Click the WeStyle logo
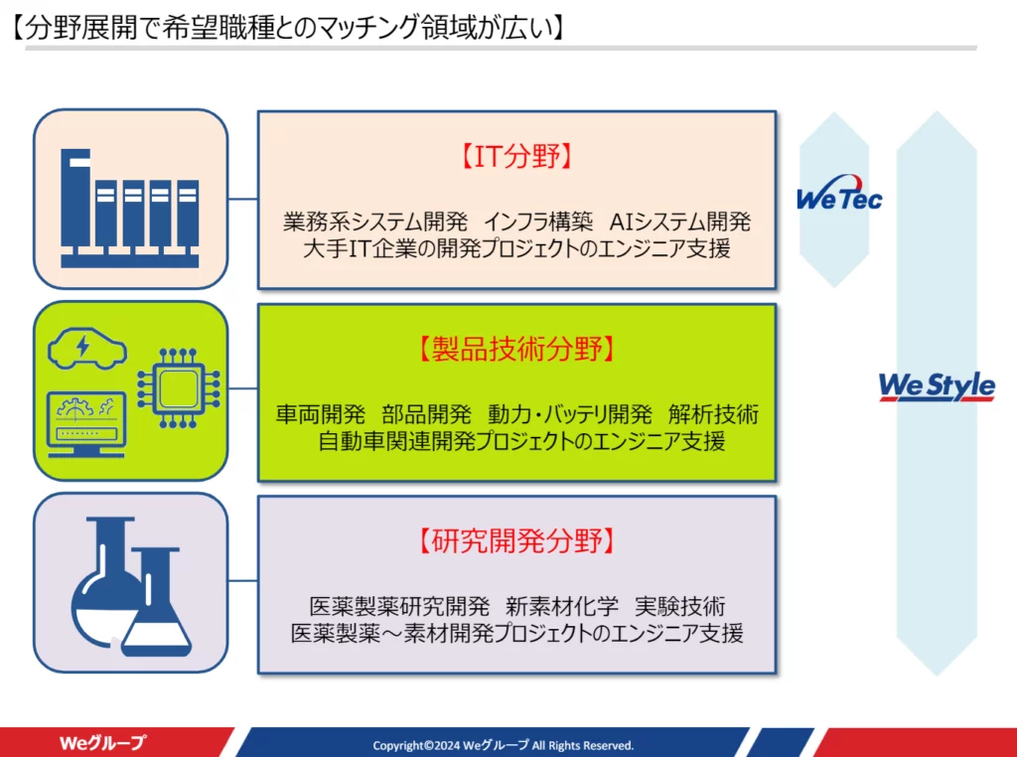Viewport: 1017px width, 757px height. point(937,386)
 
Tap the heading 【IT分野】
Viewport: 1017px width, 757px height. point(516,156)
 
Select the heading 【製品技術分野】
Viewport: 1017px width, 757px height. point(516,349)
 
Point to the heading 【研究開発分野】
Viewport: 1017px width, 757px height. point(516,541)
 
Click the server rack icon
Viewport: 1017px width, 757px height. point(130,209)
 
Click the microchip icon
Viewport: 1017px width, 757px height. point(179,387)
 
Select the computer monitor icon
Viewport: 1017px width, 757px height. point(86,424)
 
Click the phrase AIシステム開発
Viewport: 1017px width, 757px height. point(679,223)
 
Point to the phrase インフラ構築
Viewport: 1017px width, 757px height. point(538,223)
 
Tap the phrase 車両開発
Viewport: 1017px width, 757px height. point(321,414)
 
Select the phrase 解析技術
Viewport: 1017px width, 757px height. point(713,414)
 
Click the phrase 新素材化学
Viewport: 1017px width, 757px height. point(562,607)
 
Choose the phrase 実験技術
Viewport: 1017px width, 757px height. point(679,607)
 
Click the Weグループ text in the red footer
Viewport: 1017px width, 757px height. point(102,743)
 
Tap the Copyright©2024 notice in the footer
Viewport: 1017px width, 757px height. point(503,745)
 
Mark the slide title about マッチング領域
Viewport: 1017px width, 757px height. point(289,29)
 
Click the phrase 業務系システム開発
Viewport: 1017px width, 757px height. point(374,223)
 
